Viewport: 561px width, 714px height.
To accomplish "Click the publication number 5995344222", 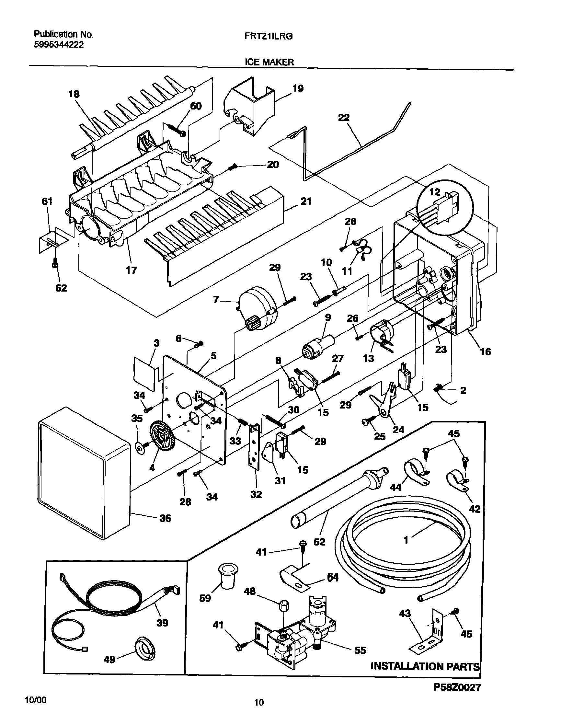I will [x=59, y=45].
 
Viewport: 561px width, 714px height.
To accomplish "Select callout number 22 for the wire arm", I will [x=344, y=118].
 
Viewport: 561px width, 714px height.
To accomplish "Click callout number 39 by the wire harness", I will [x=162, y=623].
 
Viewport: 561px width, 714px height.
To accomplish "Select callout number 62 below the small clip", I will [x=61, y=288].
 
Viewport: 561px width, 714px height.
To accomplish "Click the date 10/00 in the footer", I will [x=36, y=700].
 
